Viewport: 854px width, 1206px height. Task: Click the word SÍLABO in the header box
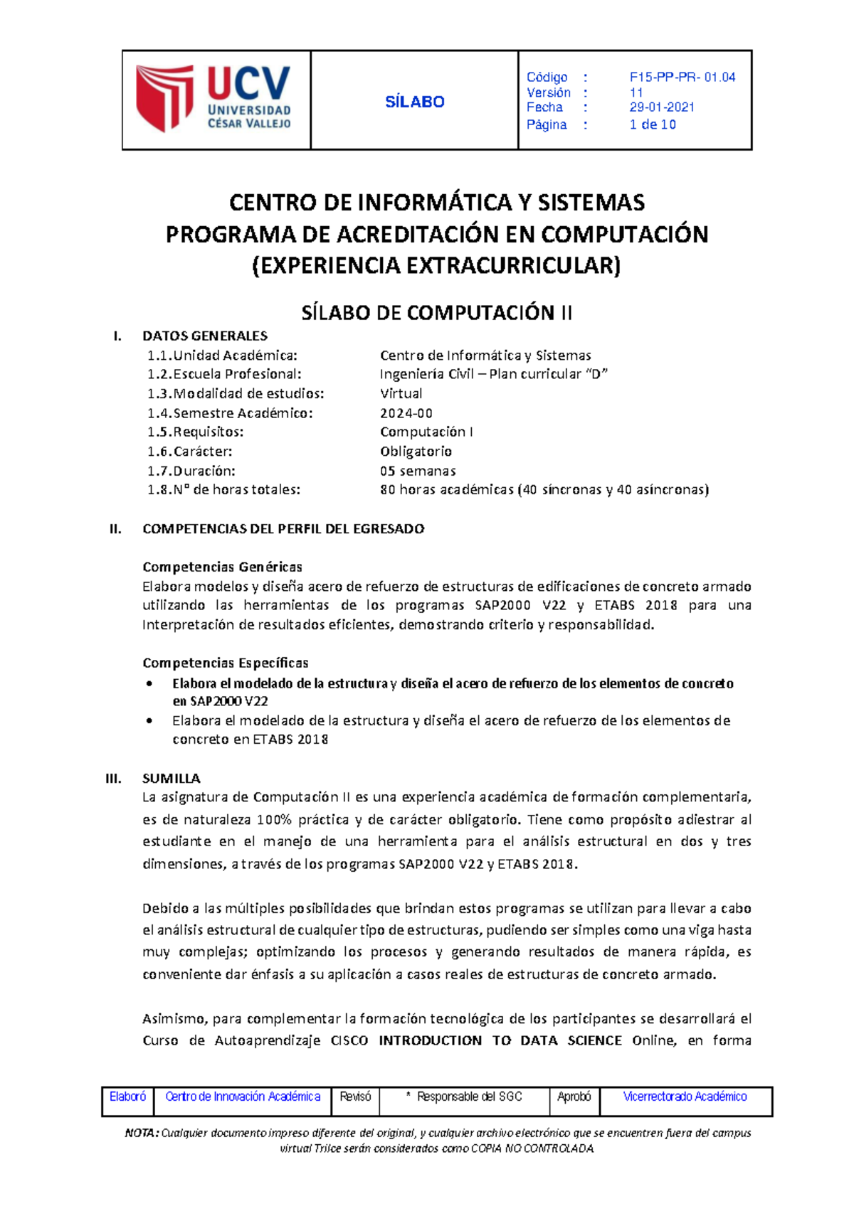coord(414,102)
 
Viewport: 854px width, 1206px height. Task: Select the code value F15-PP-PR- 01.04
coord(682,77)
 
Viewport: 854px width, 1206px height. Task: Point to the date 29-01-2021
coord(662,107)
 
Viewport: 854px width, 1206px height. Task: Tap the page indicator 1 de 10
coord(653,124)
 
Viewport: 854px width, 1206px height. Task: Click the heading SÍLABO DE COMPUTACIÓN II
coord(436,312)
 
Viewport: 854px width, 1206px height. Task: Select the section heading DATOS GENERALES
coord(205,336)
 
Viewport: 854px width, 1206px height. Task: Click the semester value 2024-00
coord(406,413)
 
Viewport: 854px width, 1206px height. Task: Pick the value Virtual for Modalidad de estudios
coord(401,393)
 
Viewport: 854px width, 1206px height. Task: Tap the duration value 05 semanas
coord(418,471)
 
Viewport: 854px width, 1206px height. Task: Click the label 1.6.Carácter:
coord(189,452)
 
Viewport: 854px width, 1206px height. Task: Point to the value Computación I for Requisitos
coord(426,432)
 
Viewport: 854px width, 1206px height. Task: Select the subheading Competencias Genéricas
coord(222,567)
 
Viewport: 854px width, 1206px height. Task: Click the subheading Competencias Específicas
coord(225,663)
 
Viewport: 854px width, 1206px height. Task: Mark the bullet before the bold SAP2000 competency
coord(149,683)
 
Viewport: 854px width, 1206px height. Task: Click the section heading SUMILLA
coord(172,778)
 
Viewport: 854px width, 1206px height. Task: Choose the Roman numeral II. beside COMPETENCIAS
coord(115,528)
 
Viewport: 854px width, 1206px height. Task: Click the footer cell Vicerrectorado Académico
coord(685,1096)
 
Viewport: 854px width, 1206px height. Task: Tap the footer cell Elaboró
coord(127,1096)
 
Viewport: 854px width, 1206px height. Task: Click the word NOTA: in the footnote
coord(142,1133)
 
